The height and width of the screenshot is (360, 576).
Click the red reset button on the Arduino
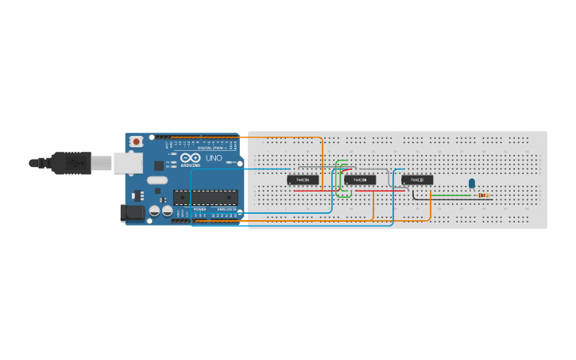137,141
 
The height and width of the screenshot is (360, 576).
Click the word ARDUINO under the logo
191,165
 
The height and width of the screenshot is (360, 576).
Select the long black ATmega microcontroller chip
206,198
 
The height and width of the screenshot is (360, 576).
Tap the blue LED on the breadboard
472,184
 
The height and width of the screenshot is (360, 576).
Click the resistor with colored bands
482,195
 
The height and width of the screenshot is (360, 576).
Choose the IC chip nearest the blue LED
417,180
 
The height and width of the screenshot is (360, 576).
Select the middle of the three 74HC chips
360,180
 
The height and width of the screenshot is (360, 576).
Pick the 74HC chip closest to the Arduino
303,180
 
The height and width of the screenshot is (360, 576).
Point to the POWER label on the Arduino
199,209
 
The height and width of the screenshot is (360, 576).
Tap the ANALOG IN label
226,209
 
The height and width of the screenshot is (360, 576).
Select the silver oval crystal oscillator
157,180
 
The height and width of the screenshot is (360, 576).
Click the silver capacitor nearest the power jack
153,211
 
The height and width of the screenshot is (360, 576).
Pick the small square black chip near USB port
158,165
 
